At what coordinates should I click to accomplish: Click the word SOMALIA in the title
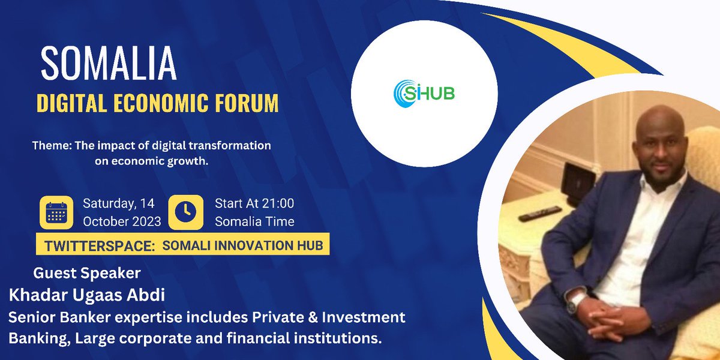coord(109,62)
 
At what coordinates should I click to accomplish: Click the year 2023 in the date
coord(144,221)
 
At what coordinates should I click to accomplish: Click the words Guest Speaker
coord(87,273)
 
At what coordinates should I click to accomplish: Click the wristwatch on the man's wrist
coord(575,300)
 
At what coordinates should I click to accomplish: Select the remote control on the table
coord(540,212)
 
